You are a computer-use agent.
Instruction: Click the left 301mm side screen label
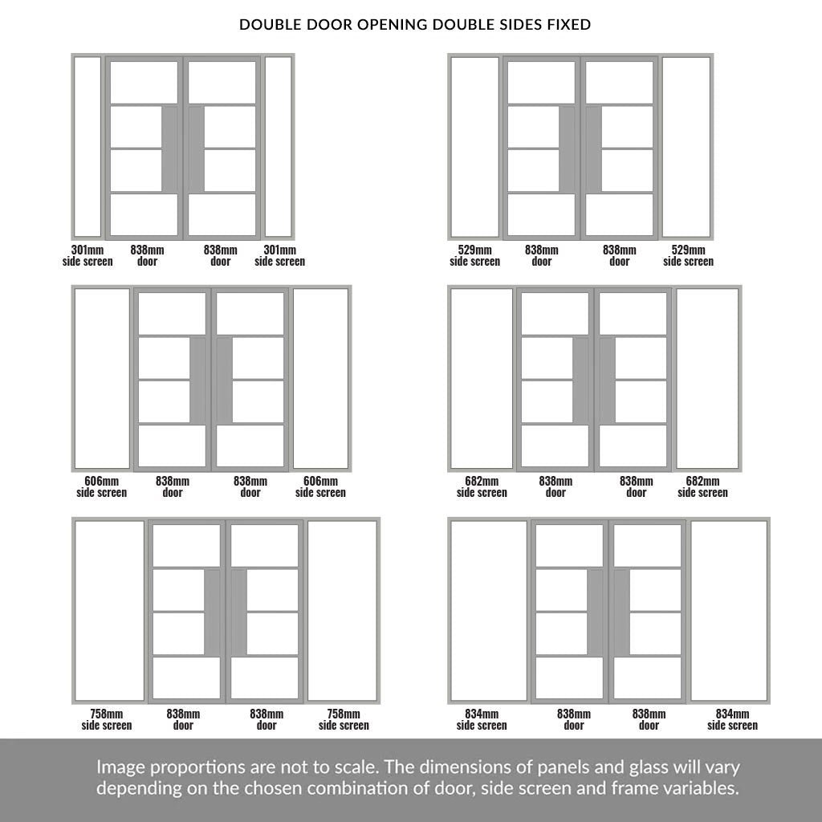pyautogui.click(x=87, y=255)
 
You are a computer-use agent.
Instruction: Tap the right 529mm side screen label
pyautogui.click(x=688, y=255)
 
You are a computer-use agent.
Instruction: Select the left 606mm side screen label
pyautogui.click(x=102, y=486)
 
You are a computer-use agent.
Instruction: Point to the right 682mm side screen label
pyautogui.click(x=702, y=486)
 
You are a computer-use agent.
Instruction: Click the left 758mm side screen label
pyautogui.click(x=107, y=719)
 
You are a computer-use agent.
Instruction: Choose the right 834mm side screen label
pyautogui.click(x=732, y=719)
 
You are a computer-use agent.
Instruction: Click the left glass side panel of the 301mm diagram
pyautogui.click(x=87, y=147)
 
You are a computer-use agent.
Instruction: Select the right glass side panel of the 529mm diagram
pyautogui.click(x=686, y=147)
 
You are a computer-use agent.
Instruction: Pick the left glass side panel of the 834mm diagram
pyautogui.click(x=489, y=611)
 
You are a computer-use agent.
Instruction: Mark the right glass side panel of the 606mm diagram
pyautogui.click(x=320, y=379)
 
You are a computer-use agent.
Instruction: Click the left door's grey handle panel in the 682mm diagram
pyautogui.click(x=580, y=380)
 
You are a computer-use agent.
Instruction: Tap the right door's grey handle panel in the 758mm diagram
pyautogui.click(x=239, y=612)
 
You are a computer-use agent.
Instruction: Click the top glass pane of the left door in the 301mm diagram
pyautogui.click(x=144, y=83)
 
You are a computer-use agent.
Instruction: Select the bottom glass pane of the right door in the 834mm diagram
pyautogui.click(x=648, y=678)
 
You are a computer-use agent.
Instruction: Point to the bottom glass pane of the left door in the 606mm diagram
pyautogui.click(x=172, y=446)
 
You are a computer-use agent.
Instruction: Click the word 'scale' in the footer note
pyautogui.click(x=352, y=767)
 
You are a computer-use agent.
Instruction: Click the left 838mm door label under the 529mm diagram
pyautogui.click(x=542, y=255)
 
